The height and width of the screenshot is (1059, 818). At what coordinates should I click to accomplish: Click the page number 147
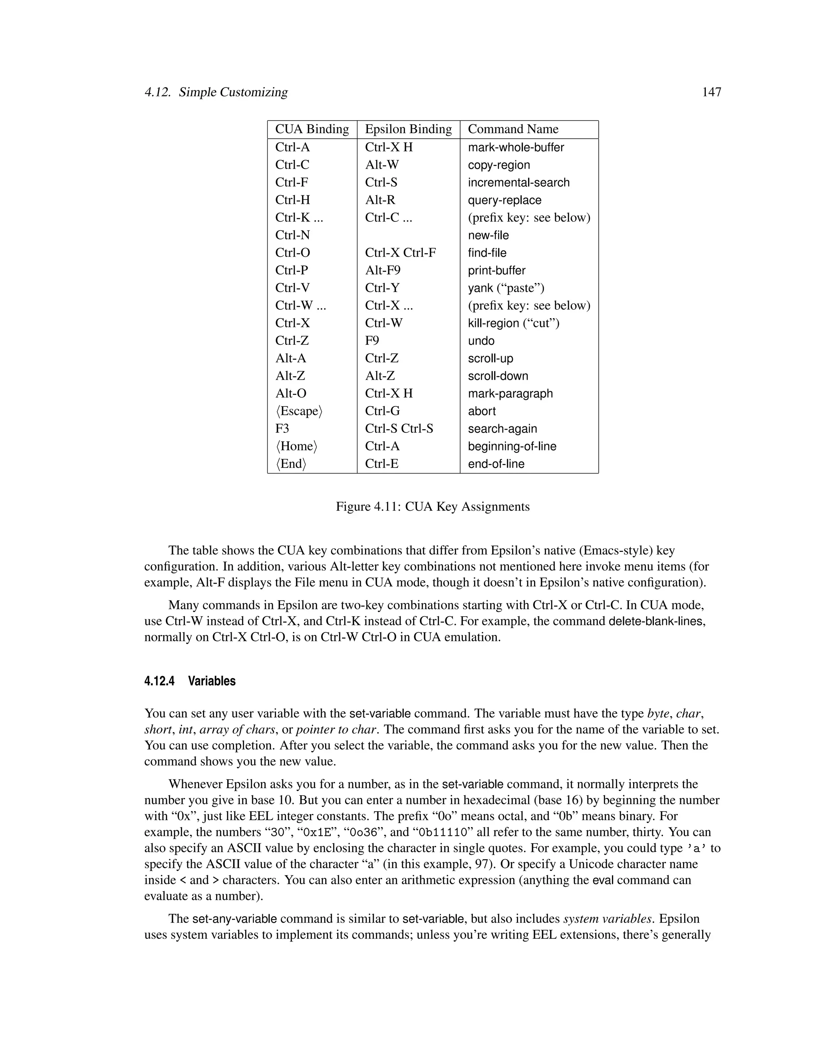click(711, 92)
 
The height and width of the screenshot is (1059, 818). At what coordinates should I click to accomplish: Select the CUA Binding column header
click(312, 129)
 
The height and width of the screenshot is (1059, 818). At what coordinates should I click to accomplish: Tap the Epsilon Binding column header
click(408, 129)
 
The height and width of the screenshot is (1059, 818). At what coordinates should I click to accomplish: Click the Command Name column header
click(513, 129)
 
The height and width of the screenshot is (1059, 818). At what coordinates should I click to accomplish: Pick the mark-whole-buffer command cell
click(516, 147)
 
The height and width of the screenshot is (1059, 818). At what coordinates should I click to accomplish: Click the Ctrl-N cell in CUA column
click(292, 235)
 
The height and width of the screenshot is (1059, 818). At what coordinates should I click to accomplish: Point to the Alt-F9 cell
click(382, 270)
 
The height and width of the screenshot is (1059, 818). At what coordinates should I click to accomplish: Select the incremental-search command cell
click(518, 183)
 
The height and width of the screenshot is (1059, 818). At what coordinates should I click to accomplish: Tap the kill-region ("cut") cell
click(513, 323)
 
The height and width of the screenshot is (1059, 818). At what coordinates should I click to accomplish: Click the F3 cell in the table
click(282, 429)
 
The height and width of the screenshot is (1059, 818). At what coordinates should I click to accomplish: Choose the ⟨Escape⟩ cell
click(298, 411)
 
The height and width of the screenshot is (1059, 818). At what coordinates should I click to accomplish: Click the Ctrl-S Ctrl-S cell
click(399, 429)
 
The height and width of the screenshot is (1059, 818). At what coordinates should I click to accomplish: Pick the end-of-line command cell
click(496, 464)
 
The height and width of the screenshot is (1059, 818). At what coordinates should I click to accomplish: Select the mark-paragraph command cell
click(510, 394)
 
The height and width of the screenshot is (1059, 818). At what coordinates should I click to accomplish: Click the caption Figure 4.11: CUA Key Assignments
click(432, 507)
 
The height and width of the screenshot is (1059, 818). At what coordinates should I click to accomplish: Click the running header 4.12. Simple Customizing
click(216, 92)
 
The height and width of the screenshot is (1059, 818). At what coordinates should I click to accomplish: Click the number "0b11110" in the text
click(443, 832)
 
